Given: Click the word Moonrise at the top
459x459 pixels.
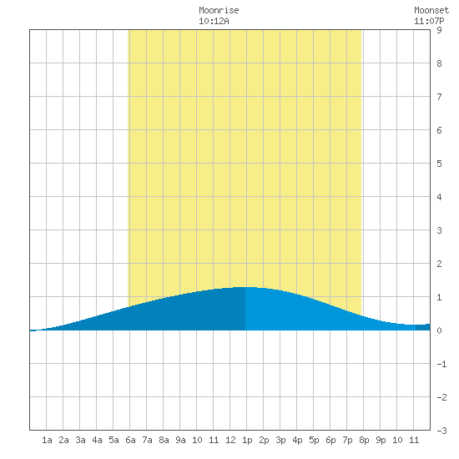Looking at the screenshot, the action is pyautogui.click(x=219, y=10).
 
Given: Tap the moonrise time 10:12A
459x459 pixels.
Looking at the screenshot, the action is pyautogui.click(x=214, y=21).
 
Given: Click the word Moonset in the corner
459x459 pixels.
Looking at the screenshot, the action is pyautogui.click(x=431, y=10).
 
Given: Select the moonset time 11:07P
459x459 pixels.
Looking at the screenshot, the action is pyautogui.click(x=429, y=21).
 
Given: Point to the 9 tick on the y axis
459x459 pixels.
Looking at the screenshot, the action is pyautogui.click(x=439, y=30).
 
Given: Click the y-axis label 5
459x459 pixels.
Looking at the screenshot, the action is pyautogui.click(x=439, y=164).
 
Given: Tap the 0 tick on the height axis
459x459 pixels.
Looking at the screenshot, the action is pyautogui.click(x=439, y=330).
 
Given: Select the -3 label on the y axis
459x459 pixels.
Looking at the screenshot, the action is pyautogui.click(x=441, y=431).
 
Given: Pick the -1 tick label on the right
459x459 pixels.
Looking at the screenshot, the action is pyautogui.click(x=441, y=364).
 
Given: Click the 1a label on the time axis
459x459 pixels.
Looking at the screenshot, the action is pyautogui.click(x=47, y=440).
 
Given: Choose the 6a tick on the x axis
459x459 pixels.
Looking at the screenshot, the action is pyautogui.click(x=130, y=440).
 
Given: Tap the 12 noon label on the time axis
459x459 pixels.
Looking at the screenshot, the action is pyautogui.click(x=230, y=440).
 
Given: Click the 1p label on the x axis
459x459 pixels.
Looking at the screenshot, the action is pyautogui.click(x=247, y=440).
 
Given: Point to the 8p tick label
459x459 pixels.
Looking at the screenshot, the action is pyautogui.click(x=364, y=440).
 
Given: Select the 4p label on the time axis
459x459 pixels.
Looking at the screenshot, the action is pyautogui.click(x=297, y=440).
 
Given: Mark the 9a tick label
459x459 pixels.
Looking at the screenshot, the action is pyautogui.click(x=180, y=440).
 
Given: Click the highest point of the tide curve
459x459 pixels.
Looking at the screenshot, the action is pyautogui.click(x=246, y=287).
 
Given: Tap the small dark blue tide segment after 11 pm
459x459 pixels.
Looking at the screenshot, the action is pyautogui.click(x=423, y=327).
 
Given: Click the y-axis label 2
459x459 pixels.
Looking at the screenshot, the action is pyautogui.click(x=439, y=264).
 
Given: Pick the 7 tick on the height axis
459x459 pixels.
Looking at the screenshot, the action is pyautogui.click(x=439, y=97).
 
